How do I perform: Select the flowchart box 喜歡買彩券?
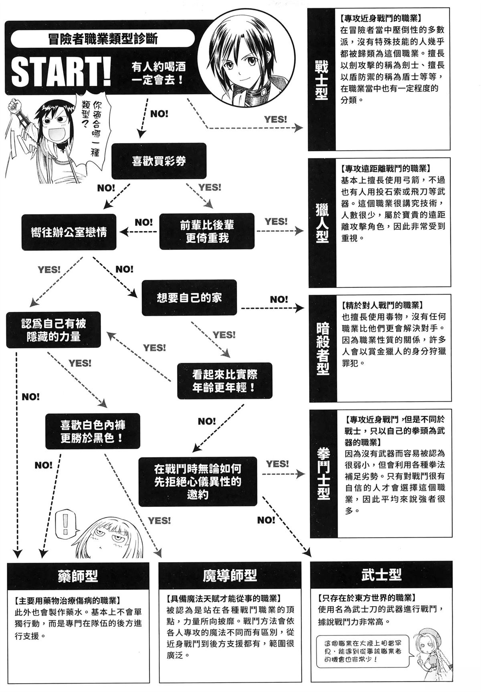point(159,161)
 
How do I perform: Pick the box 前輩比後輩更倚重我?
point(207,231)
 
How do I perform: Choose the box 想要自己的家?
point(189,297)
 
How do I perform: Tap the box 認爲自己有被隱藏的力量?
point(53,330)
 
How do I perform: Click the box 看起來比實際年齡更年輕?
point(224,381)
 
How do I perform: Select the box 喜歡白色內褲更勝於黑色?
point(93,431)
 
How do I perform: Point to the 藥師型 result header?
point(78,576)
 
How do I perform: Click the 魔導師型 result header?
point(230,576)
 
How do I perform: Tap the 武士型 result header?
point(381,575)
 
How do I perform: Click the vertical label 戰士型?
point(322,80)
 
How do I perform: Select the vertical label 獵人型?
point(322,223)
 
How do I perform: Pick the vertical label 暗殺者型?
point(323,349)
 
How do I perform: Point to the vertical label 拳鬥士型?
point(323,473)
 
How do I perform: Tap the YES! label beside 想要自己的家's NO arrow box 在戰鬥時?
point(277,464)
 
